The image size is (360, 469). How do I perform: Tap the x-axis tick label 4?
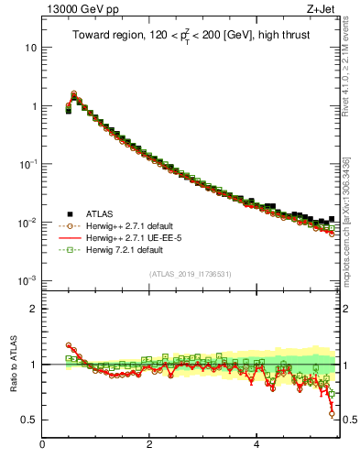click(x=256, y=446)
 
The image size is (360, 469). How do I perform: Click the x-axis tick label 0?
click(x=42, y=446)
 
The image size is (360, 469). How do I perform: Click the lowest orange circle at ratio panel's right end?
click(x=333, y=414)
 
